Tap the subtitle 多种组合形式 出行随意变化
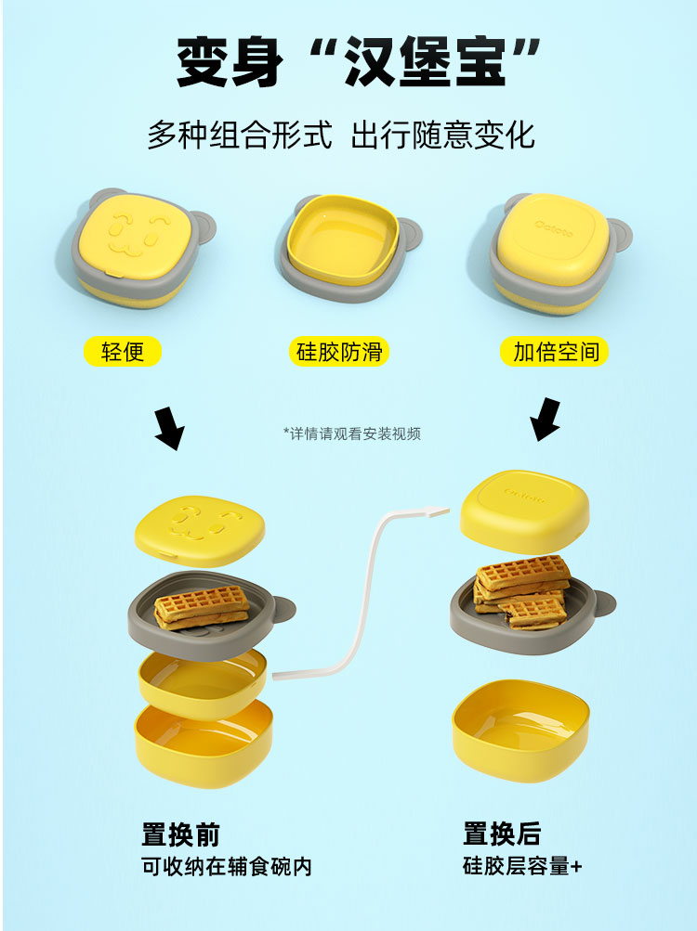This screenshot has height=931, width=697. coord(340,136)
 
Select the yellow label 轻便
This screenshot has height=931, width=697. coord(123,351)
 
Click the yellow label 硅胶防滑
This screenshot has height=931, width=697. coord(340,351)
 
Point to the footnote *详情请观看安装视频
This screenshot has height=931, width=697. coord(352,433)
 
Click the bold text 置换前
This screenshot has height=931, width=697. coord(180,834)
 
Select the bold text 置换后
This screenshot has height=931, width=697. coord(502,834)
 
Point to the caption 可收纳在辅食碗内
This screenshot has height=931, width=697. coord(226,867)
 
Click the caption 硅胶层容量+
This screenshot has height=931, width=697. coord(522,867)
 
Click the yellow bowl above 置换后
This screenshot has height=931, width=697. coord(521,728)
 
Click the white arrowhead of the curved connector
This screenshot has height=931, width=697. coord(444,507)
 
